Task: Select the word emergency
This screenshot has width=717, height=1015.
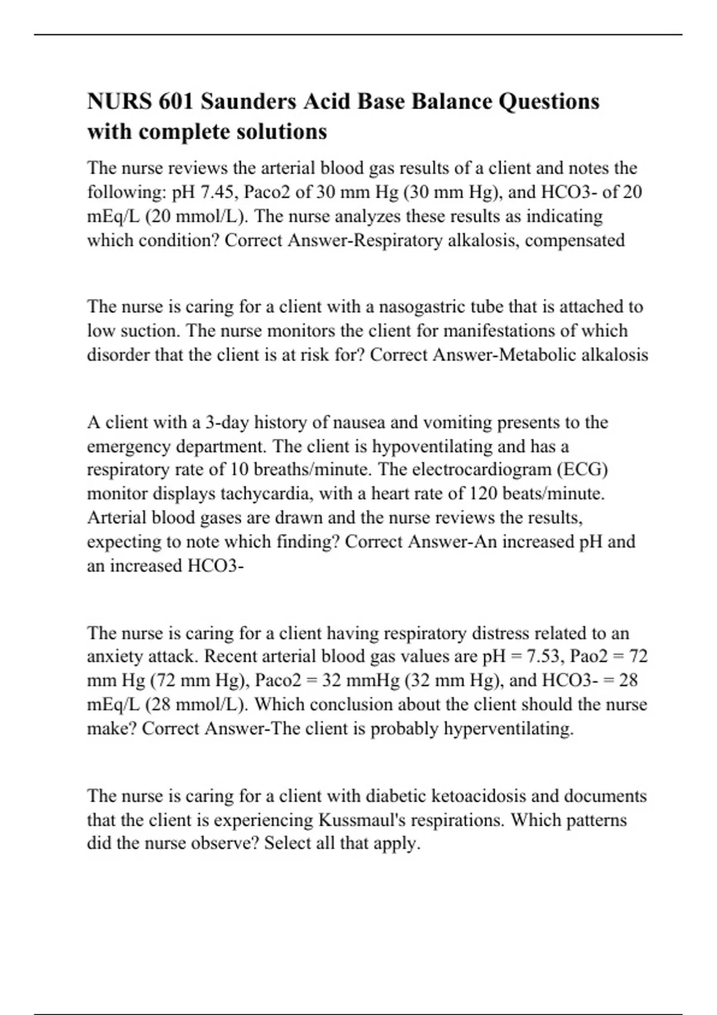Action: (127, 447)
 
